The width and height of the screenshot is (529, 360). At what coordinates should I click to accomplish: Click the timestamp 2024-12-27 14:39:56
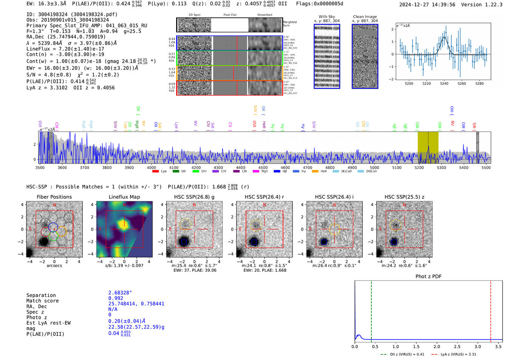(x=427, y=5)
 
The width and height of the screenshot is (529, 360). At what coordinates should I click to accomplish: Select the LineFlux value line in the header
(x=65, y=49)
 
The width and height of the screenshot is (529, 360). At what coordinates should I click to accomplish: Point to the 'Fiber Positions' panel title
(x=54, y=197)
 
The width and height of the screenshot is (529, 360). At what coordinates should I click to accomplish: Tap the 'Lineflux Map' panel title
(x=124, y=197)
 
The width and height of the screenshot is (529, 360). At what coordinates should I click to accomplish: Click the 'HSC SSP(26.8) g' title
(x=194, y=197)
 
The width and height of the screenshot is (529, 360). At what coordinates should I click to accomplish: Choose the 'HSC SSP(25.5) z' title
(x=404, y=197)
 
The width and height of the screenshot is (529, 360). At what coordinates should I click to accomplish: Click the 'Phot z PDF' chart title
(x=428, y=277)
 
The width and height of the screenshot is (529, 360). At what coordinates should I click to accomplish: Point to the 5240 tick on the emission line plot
(x=444, y=83)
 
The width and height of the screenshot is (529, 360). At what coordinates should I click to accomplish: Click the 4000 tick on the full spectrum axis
(x=152, y=167)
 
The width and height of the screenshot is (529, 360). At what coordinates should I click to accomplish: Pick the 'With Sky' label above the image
(x=327, y=17)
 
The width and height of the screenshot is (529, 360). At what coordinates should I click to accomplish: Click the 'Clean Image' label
(x=365, y=17)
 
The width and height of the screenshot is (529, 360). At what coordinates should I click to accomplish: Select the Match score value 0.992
(x=116, y=298)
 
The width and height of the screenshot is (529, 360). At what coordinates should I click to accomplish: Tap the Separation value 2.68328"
(x=120, y=293)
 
